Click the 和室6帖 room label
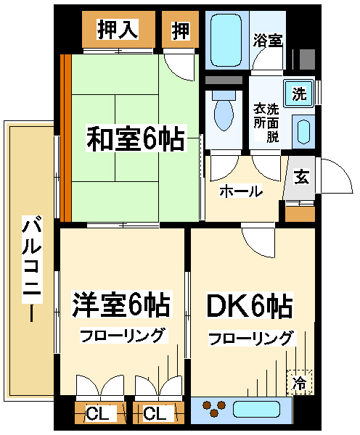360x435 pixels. coord(136,138)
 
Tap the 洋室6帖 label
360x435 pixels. coord(121,304)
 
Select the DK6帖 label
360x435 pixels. coord(250,306)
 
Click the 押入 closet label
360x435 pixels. coord(118,30)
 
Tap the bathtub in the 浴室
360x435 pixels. coord(226,41)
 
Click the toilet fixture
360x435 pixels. coord(224,110)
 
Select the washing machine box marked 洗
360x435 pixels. coord(299,94)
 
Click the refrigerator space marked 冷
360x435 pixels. coord(300,382)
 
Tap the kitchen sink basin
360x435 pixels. coord(256,410)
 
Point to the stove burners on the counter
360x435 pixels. coord(213,408)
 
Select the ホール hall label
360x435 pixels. coord(241,191)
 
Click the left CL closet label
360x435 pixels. coord(97,414)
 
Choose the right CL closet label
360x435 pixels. coord(155,414)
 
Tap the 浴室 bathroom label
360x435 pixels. coord(268,41)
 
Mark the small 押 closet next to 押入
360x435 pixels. coord(180,30)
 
